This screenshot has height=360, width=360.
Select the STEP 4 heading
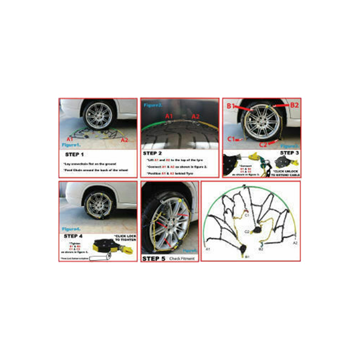pos(73,237)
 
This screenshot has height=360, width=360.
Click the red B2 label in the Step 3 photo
pos(294,105)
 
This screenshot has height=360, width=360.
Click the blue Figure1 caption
pos(72,144)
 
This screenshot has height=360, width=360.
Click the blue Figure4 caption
pos(71,229)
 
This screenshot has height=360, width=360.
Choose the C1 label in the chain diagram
pos(248,215)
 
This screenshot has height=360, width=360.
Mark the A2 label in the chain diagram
pos(296,243)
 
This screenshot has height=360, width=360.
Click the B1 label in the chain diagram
pos(247,257)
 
